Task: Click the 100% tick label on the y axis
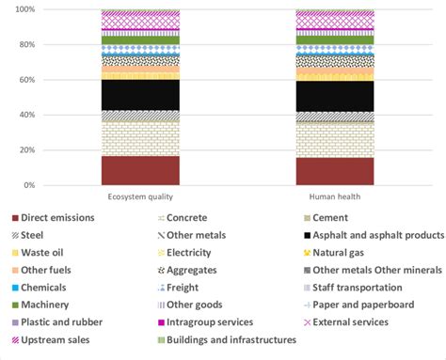49,9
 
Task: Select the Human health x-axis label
334,196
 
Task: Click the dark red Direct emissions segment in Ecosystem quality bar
140,170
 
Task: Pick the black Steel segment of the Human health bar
334,96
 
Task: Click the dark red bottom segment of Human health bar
334,171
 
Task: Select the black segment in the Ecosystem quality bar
140,95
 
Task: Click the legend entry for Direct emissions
57,218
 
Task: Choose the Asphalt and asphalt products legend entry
367,235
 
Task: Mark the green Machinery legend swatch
15,305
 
